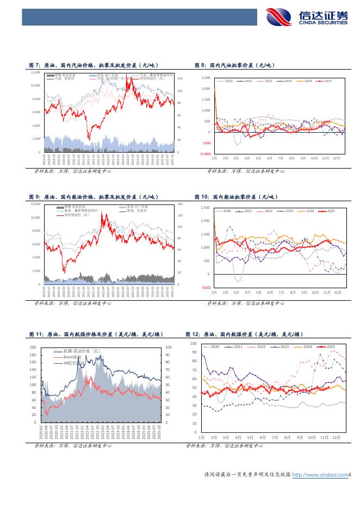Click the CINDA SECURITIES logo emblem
(281, 17)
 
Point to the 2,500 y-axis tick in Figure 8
(206, 78)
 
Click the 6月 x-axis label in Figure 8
(269, 158)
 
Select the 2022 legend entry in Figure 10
(268, 211)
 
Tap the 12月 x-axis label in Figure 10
(337, 292)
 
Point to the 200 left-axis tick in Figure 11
(33, 347)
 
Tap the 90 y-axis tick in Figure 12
(194, 352)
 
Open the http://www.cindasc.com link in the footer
(320, 475)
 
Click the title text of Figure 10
(237, 196)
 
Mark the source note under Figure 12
(224, 446)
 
